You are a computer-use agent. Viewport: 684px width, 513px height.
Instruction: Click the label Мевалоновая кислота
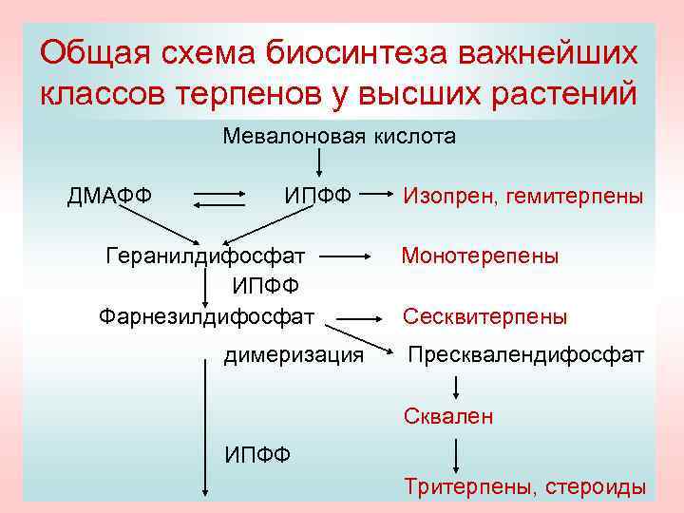click(x=339, y=137)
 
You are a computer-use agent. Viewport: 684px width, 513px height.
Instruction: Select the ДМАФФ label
click(x=109, y=197)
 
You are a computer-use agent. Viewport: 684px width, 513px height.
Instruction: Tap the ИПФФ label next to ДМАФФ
click(x=317, y=197)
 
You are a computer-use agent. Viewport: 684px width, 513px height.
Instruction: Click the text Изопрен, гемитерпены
click(x=523, y=197)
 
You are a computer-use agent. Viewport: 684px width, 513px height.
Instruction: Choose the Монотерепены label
click(x=480, y=256)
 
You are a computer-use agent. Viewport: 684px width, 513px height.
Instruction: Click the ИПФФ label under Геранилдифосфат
click(x=265, y=285)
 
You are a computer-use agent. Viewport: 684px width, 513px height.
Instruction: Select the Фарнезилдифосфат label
click(x=207, y=315)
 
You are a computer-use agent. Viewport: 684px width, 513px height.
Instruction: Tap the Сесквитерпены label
click(x=485, y=316)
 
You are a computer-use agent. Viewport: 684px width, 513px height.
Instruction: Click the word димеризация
click(x=294, y=355)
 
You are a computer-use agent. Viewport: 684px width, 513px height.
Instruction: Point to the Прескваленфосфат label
click(x=525, y=355)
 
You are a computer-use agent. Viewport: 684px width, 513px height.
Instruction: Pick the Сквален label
click(x=448, y=416)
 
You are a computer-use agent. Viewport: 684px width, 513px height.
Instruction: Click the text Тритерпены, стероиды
click(x=525, y=486)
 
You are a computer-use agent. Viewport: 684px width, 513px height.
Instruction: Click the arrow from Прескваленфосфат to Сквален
click(x=457, y=386)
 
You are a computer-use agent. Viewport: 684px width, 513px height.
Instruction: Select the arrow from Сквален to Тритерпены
click(x=457, y=455)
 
